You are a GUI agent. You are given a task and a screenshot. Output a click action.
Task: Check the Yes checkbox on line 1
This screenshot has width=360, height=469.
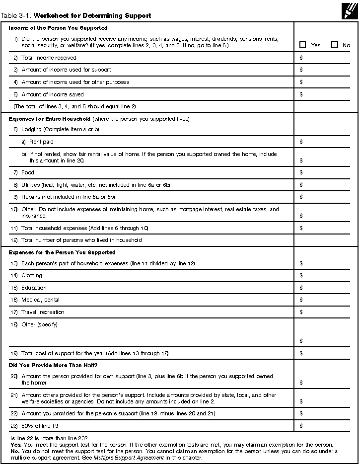tap(303, 45)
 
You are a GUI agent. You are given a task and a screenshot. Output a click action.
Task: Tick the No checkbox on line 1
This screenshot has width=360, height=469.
tap(335, 45)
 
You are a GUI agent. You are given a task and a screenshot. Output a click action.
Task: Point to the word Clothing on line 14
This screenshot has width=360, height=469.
tap(32, 275)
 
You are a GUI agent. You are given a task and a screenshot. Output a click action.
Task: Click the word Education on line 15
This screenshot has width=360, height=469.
tap(34, 288)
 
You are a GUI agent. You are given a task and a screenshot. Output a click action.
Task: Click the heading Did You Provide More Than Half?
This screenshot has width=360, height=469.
tap(49, 365)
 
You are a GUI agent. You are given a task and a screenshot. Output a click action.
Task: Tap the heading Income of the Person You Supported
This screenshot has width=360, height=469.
tap(58, 28)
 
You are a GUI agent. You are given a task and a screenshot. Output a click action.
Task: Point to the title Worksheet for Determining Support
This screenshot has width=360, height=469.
tap(92, 16)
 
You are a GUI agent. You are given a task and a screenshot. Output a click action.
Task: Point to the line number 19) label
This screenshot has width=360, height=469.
tap(14, 353)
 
